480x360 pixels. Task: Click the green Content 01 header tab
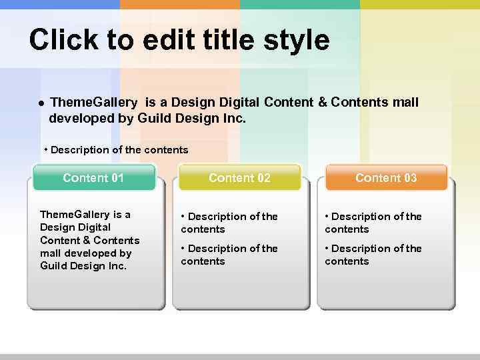pyautogui.click(x=93, y=178)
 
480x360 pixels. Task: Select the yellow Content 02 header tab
pyautogui.click(x=239, y=178)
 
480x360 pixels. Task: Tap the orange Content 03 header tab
pyautogui.click(x=386, y=178)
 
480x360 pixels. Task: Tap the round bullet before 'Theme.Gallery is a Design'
pyautogui.click(x=41, y=103)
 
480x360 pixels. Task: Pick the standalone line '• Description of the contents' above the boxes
pyautogui.click(x=116, y=150)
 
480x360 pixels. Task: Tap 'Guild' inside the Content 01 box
pyautogui.click(x=53, y=266)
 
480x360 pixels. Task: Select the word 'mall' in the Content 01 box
pyautogui.click(x=51, y=253)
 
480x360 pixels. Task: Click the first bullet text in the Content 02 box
pyautogui.click(x=229, y=223)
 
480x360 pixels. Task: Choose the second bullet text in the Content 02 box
pyautogui.click(x=229, y=255)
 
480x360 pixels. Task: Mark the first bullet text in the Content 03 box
pyautogui.click(x=373, y=223)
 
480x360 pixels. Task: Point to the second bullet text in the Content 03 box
pyautogui.click(x=373, y=255)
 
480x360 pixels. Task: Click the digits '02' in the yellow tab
pyautogui.click(x=263, y=178)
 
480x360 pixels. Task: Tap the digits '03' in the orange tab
pyautogui.click(x=409, y=178)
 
